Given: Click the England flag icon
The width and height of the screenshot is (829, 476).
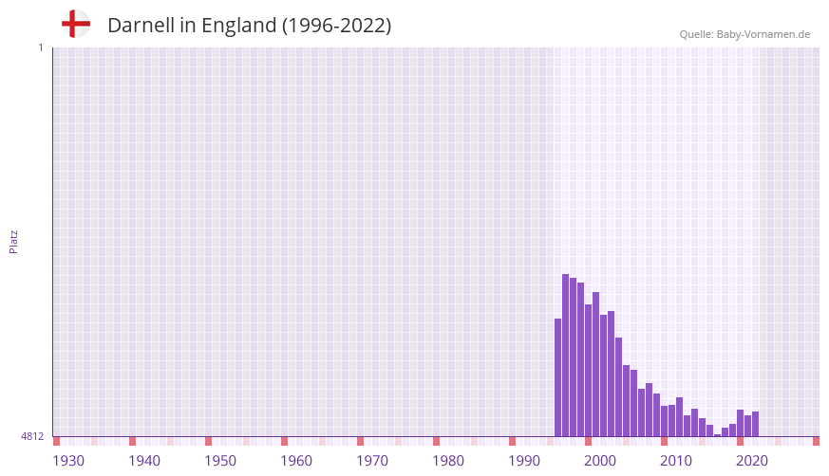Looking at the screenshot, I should point(75,25).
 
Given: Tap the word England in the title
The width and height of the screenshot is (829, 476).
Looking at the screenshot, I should point(238,26).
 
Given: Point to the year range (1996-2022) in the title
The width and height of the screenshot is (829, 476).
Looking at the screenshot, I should point(336,26).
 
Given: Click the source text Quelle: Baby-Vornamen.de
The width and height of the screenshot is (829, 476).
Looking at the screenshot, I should point(744,34).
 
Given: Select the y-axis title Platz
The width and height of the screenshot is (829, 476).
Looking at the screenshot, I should point(13,241).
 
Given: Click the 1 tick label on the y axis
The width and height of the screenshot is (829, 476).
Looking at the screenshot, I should point(40,47).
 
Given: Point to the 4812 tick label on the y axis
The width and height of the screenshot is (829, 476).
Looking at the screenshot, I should point(32,436).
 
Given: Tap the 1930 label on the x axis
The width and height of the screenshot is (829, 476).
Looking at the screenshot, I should point(68,461).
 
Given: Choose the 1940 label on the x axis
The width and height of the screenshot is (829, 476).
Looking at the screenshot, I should point(144,461).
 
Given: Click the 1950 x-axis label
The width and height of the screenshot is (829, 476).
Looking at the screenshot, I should point(220,461).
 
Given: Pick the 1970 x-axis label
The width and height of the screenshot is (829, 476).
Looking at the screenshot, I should point(372,461).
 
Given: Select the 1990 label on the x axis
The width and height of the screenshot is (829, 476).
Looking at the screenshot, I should point(524,461).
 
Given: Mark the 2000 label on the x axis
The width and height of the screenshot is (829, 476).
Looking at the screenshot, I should point(600,461).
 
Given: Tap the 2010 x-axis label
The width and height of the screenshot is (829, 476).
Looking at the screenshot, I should point(676,461).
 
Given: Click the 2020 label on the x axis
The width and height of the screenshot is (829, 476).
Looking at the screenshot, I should point(752,461).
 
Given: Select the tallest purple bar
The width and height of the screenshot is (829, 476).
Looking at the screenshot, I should point(565,356).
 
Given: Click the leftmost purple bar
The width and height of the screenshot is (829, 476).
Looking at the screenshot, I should point(557,377).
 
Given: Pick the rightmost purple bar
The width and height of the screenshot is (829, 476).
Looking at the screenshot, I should point(755,424).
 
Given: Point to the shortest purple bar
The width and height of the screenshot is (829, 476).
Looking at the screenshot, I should point(717,435).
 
